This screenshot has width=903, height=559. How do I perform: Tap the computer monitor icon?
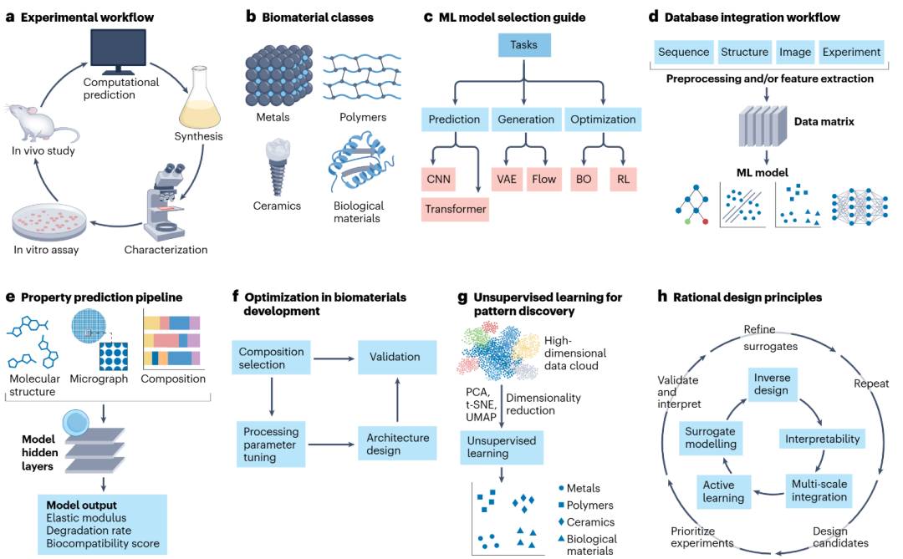tap(118, 52)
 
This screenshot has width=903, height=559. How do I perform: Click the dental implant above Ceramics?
tap(278, 167)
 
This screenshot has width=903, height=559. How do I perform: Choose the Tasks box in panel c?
tap(524, 45)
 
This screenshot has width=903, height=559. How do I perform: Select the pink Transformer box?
tap(455, 209)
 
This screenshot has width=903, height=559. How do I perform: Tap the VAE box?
tap(507, 179)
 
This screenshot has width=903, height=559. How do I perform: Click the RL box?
tap(623, 179)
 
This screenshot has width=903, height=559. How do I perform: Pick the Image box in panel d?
tap(795, 52)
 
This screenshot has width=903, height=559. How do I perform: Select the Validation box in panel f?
tap(397, 357)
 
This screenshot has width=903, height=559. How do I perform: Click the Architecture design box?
tap(397, 444)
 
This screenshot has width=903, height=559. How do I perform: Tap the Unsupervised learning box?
tap(502, 447)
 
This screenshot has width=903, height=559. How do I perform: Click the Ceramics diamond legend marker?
tap(561, 521)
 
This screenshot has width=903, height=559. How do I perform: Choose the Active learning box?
tap(723, 491)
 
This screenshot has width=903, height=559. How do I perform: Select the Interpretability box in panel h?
tap(823, 439)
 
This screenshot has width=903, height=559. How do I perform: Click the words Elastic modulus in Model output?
tap(86, 517)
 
